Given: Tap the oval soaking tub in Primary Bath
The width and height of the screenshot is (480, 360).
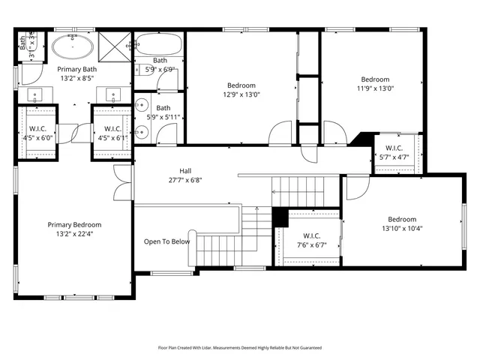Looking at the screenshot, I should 72,49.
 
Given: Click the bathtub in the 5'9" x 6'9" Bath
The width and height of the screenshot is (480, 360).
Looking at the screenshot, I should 159,44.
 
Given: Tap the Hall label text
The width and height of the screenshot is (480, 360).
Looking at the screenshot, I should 185,170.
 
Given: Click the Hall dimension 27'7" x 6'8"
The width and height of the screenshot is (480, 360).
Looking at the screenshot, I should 185,180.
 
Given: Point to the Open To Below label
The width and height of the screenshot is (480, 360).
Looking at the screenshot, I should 166,241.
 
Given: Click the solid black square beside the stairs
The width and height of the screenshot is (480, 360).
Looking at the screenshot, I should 280,216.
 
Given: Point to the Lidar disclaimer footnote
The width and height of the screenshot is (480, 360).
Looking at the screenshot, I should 239,348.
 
